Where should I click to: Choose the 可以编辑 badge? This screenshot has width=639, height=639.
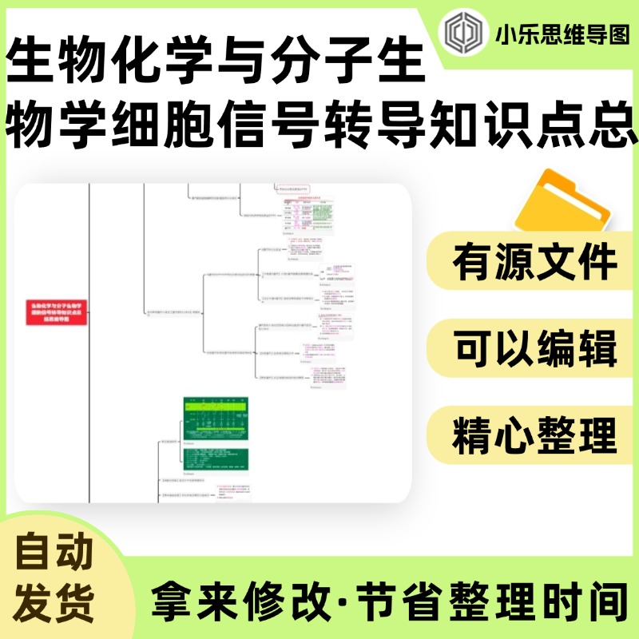pyautogui.click(x=534, y=349)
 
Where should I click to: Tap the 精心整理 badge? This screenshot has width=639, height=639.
pyautogui.click(x=534, y=435)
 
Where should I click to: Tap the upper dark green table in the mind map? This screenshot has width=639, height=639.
pyautogui.click(x=215, y=416)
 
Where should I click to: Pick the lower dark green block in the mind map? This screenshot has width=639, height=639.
pyautogui.click(x=215, y=458)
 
